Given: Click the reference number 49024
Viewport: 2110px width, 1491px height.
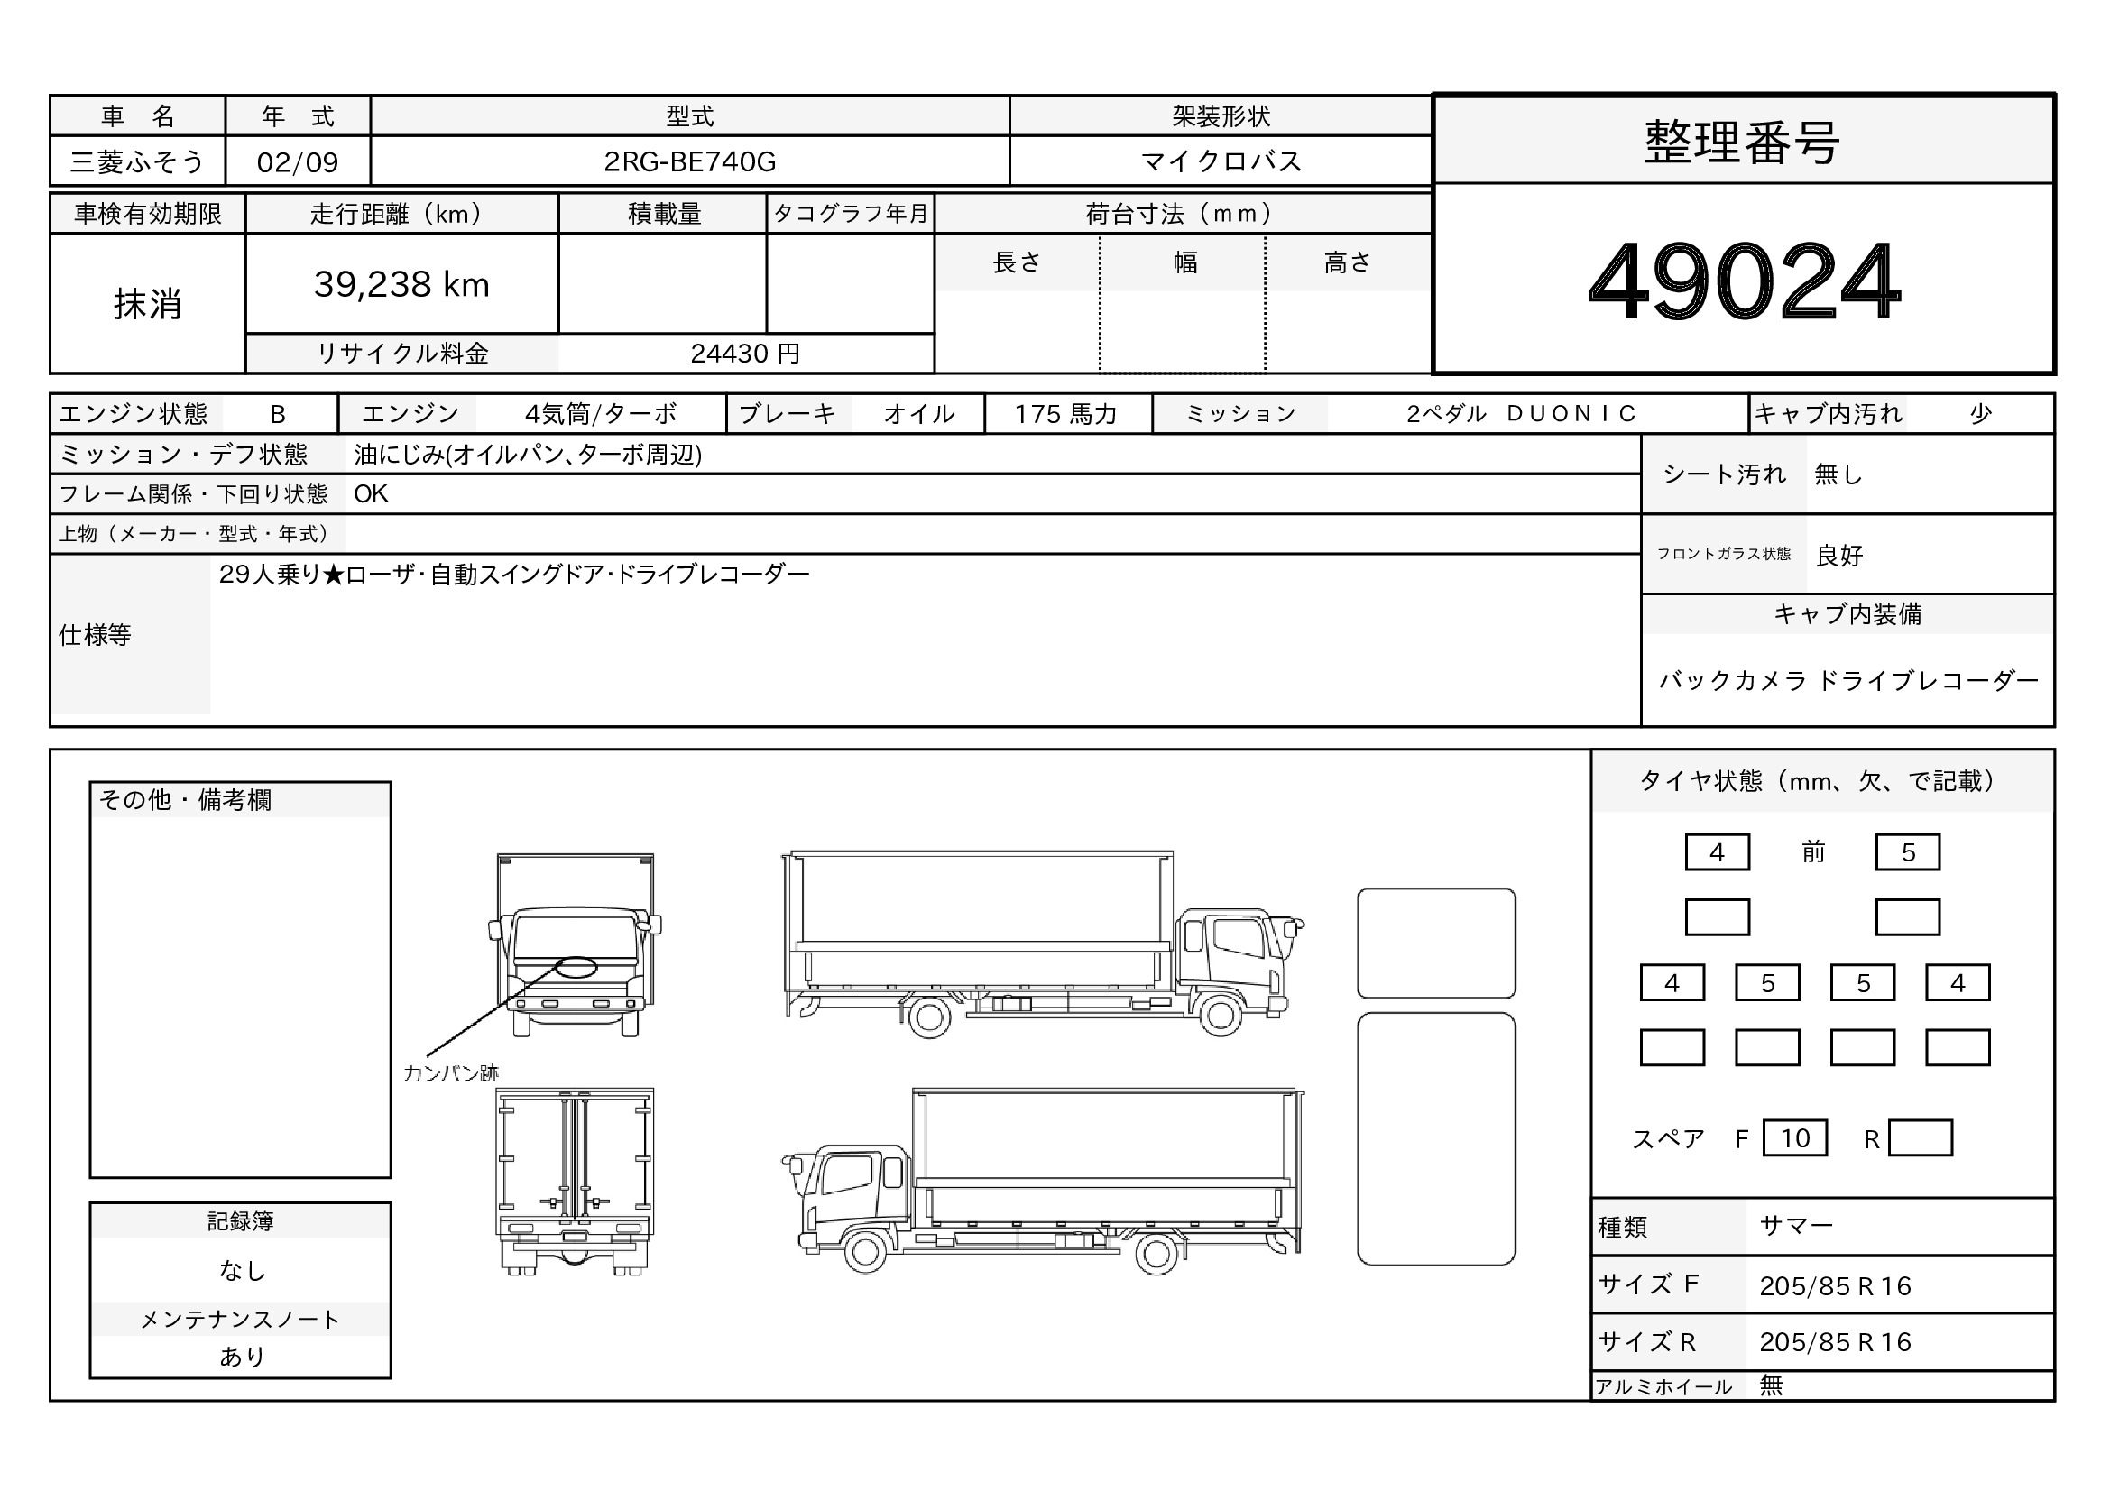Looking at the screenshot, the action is pos(1745,281).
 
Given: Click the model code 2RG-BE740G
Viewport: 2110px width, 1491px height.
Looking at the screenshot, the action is pos(689,161).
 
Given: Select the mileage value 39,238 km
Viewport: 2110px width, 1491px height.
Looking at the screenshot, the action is pos(401,284).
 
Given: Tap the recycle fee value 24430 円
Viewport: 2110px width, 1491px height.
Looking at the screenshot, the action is pos(745,354).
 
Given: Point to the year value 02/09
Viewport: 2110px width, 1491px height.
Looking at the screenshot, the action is pos(298,162).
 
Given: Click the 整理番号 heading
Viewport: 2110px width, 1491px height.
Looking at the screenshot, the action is pos(1743,143).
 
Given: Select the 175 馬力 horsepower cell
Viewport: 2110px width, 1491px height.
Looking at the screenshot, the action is pos(1066,414).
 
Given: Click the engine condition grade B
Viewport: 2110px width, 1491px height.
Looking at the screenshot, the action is pos(278,414).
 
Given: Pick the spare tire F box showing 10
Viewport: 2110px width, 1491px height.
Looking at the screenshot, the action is pos(1795,1138).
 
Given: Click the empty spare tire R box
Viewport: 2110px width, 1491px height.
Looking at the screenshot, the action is pos(1920,1138).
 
